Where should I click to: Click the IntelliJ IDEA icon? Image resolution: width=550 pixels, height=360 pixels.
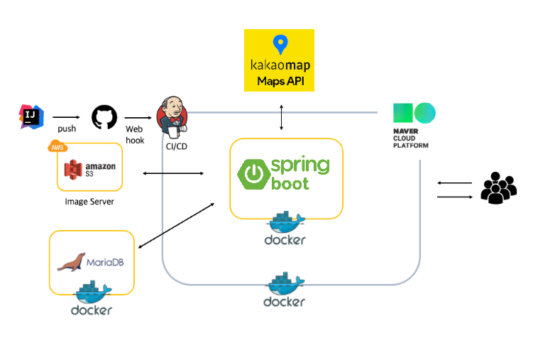pos(31,117)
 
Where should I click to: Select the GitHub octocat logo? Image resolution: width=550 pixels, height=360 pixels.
pos(104,117)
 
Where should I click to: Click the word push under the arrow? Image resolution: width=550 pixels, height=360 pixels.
pos(67,129)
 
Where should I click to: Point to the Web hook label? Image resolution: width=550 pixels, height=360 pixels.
pos(135,135)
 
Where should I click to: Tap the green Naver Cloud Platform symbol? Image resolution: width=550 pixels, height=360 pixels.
pos(414,113)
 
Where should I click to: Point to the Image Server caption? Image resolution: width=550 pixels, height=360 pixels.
pos(89,201)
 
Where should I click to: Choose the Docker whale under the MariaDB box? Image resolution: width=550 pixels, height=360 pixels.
pos(92,291)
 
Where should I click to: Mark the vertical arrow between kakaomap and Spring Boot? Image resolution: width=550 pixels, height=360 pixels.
pos(282,117)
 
